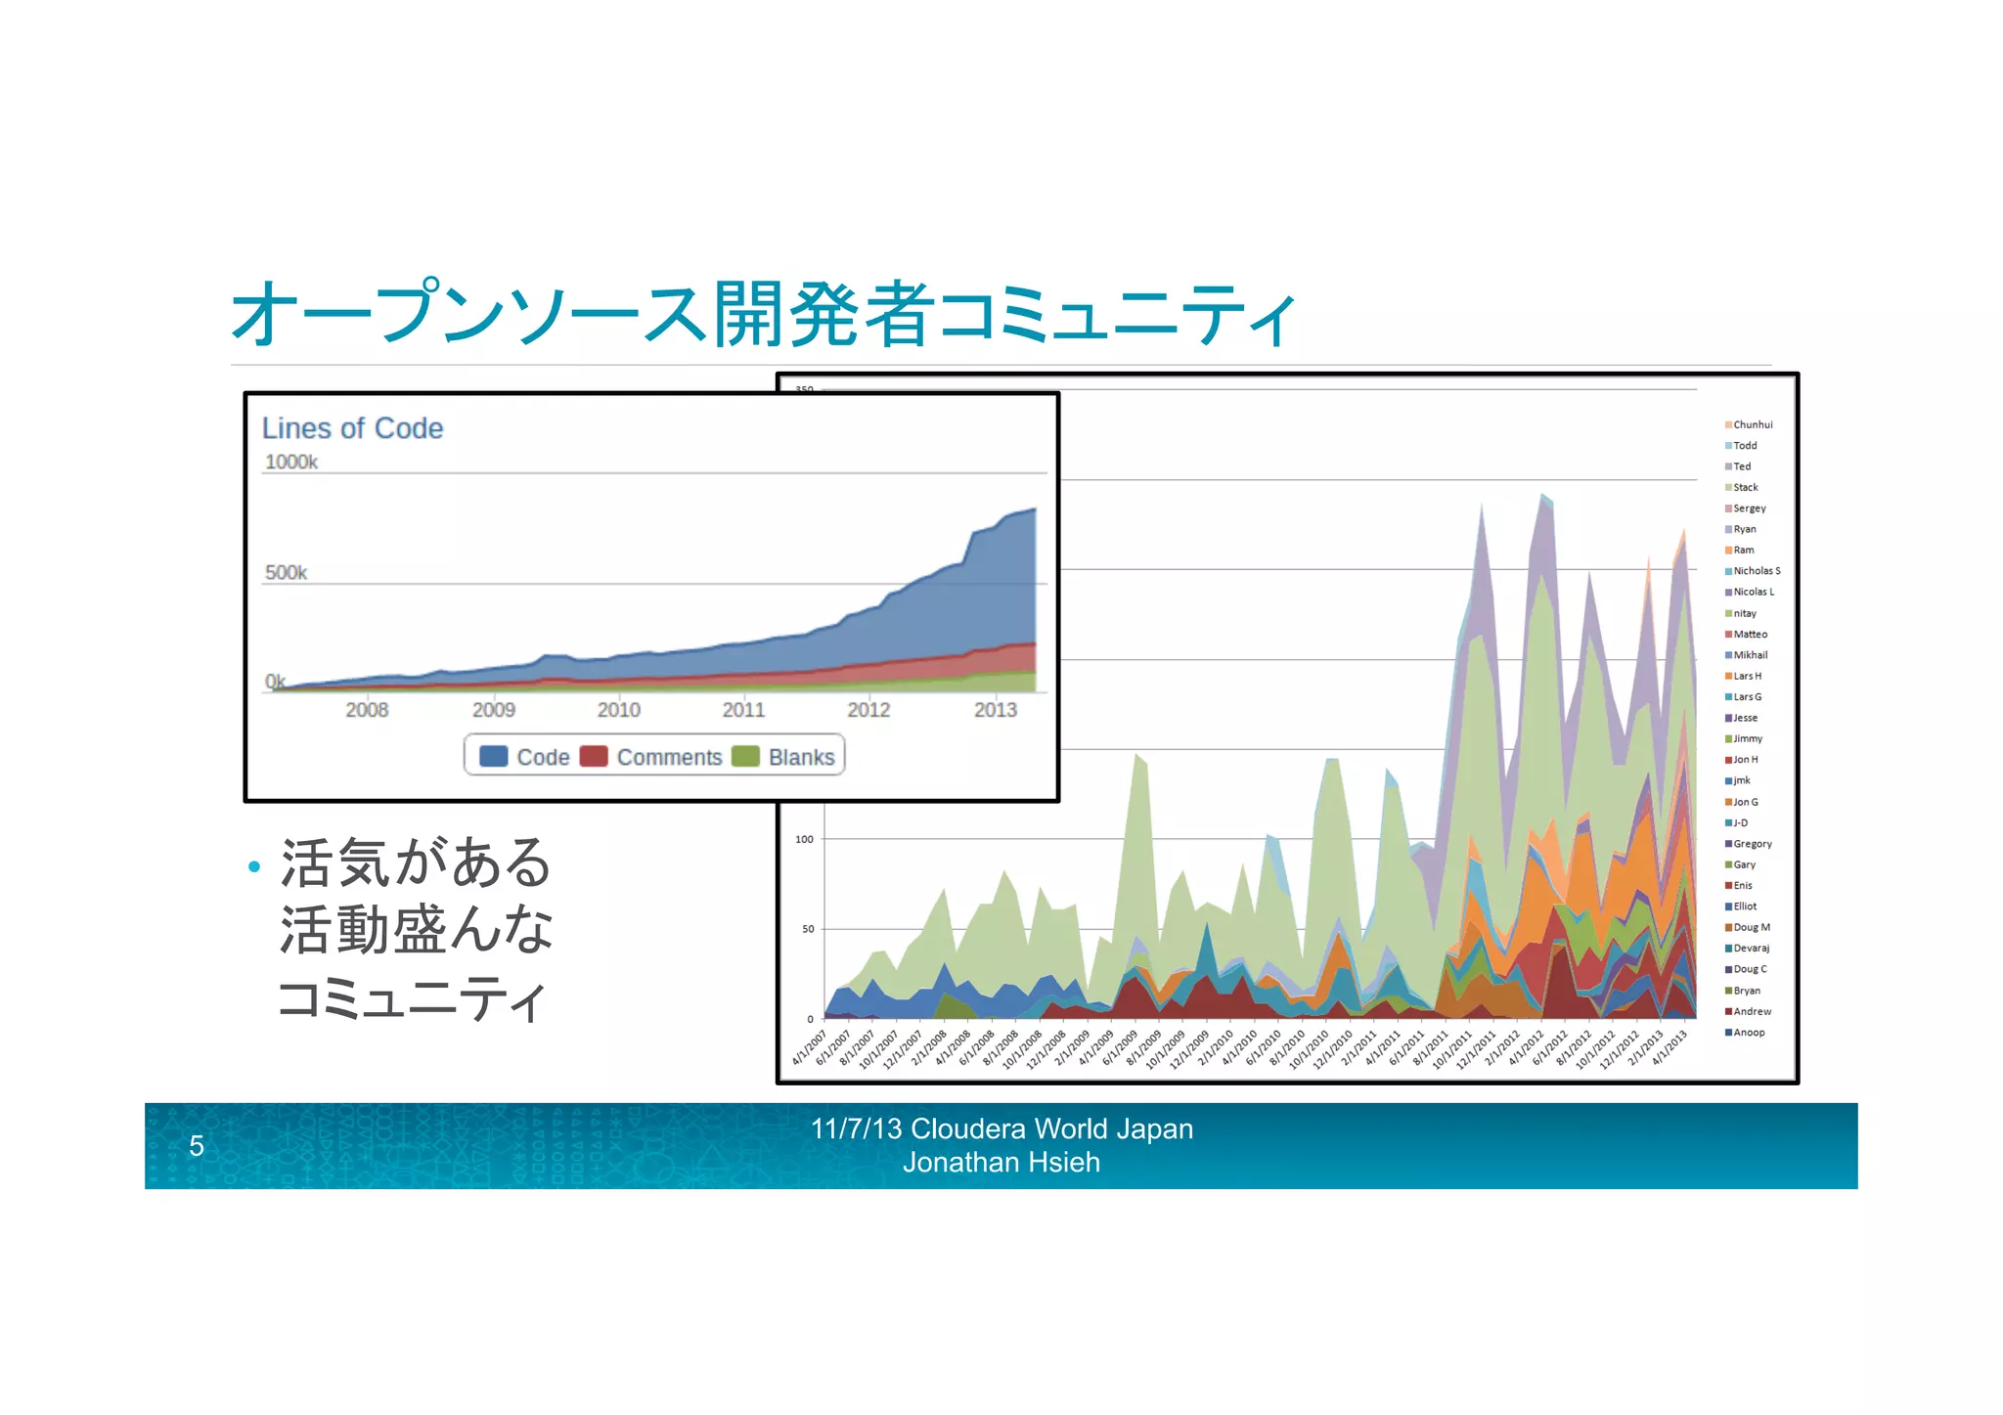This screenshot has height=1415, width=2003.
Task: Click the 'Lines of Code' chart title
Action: coord(352,428)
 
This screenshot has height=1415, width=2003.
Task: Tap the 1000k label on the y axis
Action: coord(291,462)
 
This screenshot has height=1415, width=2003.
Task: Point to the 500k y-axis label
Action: coord(286,572)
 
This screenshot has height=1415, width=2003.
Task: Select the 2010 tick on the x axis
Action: coord(618,710)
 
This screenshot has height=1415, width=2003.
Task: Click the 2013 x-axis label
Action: coord(995,710)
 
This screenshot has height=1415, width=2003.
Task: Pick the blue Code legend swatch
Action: coord(494,757)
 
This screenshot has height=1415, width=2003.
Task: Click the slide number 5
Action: coord(197,1145)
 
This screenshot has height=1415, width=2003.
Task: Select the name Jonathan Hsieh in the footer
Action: coord(1001,1163)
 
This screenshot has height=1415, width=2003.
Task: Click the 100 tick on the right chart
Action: coord(804,839)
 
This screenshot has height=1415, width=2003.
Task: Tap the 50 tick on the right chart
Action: coord(808,929)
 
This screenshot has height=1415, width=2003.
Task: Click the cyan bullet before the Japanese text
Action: coord(254,866)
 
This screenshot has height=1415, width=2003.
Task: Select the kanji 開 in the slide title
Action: coord(748,315)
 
